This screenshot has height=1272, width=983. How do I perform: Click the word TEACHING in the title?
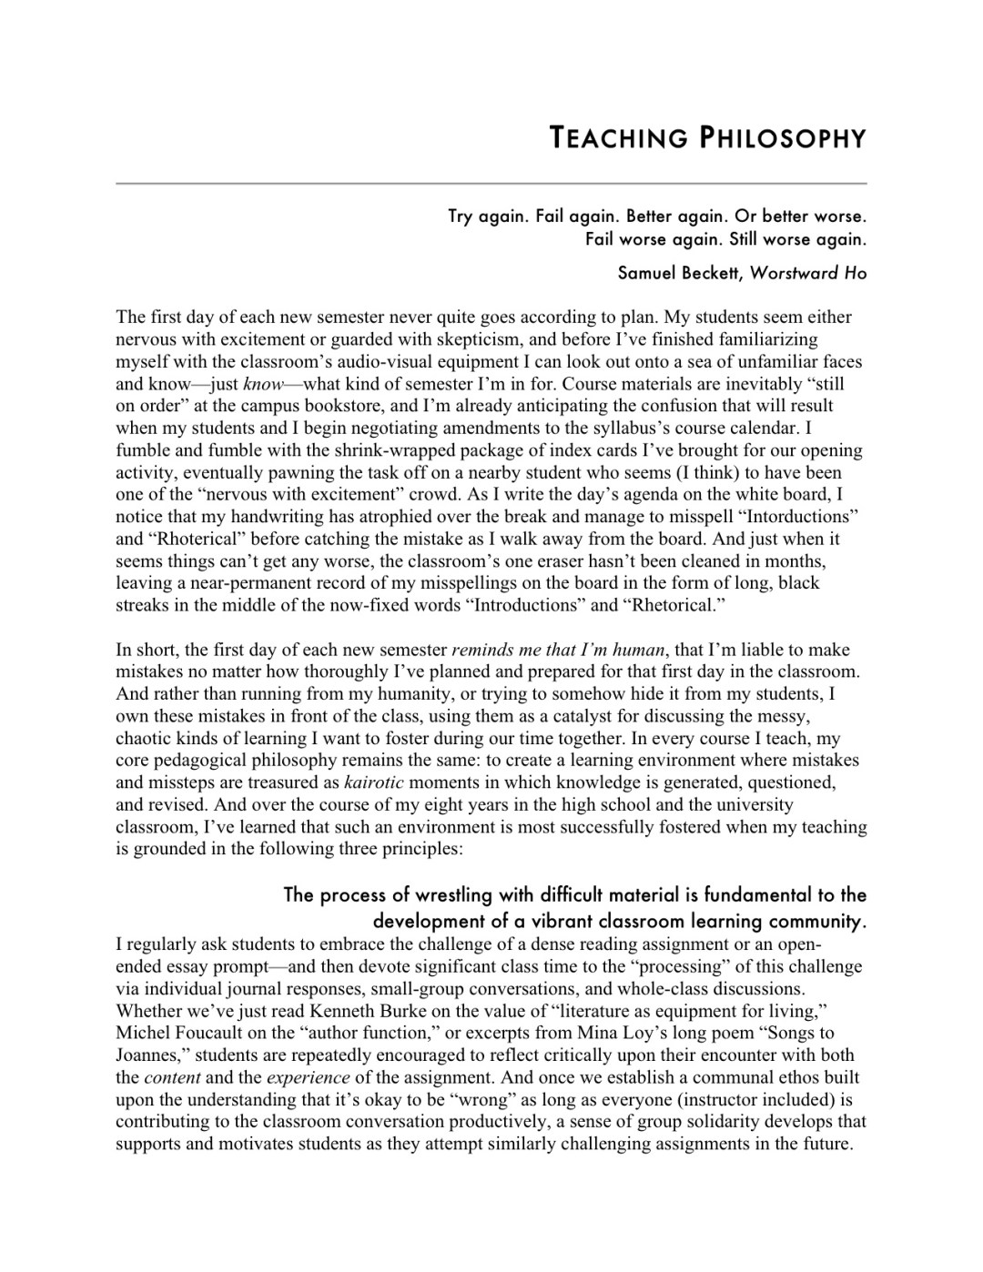[x=617, y=138]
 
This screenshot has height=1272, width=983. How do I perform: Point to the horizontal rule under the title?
[x=491, y=184]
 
